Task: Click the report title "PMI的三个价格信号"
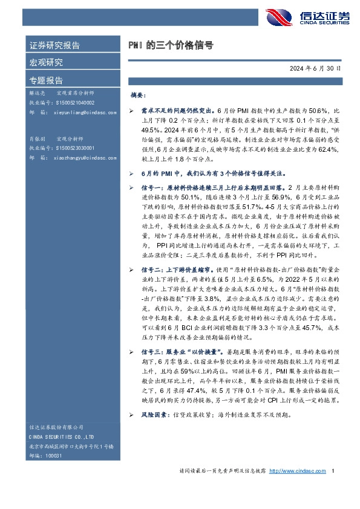point(171,45)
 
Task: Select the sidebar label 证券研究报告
point(54,46)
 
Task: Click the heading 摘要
point(138,96)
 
